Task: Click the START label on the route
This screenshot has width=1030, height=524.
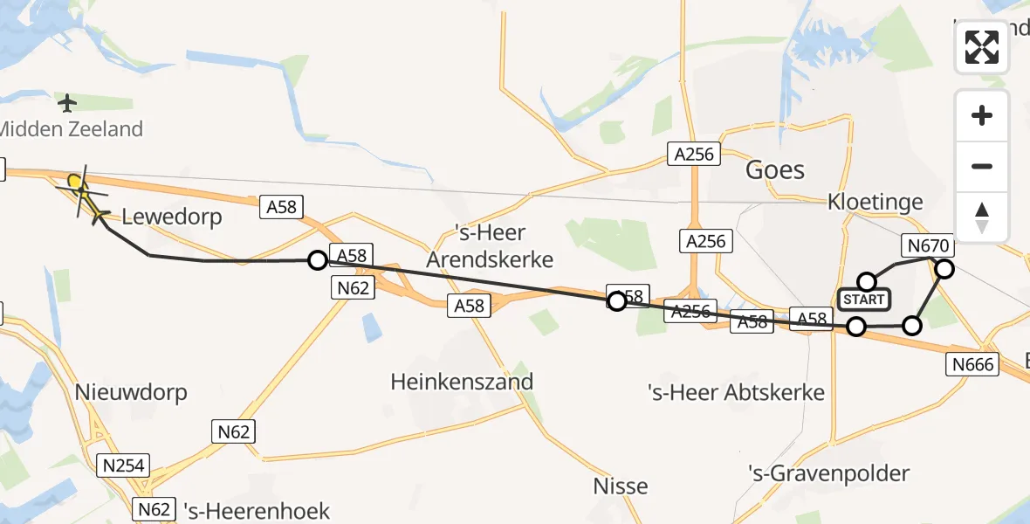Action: click(863, 300)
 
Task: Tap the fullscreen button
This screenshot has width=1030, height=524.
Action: click(982, 46)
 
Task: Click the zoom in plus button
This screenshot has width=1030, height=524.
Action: click(982, 115)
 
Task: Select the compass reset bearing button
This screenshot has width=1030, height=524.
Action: click(982, 217)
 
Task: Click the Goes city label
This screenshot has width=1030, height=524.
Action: click(774, 169)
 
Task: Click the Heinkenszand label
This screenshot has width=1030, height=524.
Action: click(462, 382)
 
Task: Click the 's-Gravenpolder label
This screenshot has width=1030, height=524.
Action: click(828, 473)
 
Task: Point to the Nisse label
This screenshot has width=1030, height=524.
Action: click(621, 486)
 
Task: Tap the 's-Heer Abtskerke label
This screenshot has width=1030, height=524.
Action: click(736, 392)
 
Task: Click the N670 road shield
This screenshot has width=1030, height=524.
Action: click(929, 247)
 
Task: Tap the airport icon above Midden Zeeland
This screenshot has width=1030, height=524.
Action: click(67, 103)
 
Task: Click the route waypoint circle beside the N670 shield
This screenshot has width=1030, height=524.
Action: click(944, 269)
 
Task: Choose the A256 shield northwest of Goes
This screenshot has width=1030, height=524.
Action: click(695, 155)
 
